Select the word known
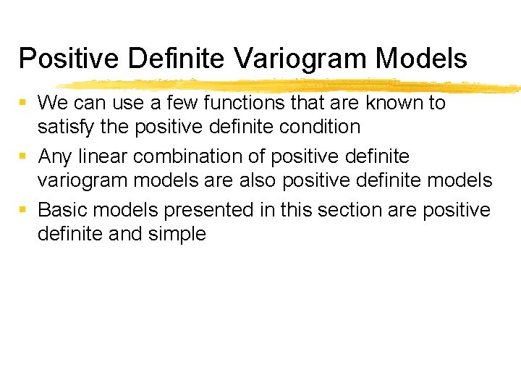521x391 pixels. click(x=396, y=103)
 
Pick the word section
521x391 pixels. click(x=350, y=210)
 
